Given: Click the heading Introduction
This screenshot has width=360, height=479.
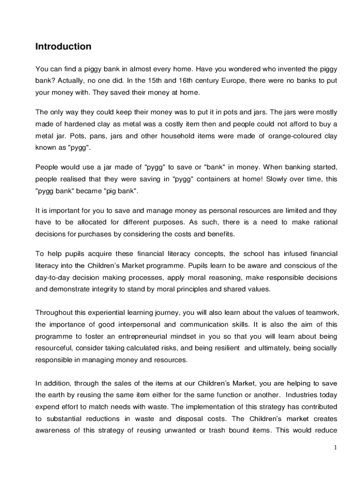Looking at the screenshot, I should pyautogui.click(x=63, y=47).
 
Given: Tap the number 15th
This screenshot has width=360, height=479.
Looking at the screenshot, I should pyautogui.click(x=159, y=81).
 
